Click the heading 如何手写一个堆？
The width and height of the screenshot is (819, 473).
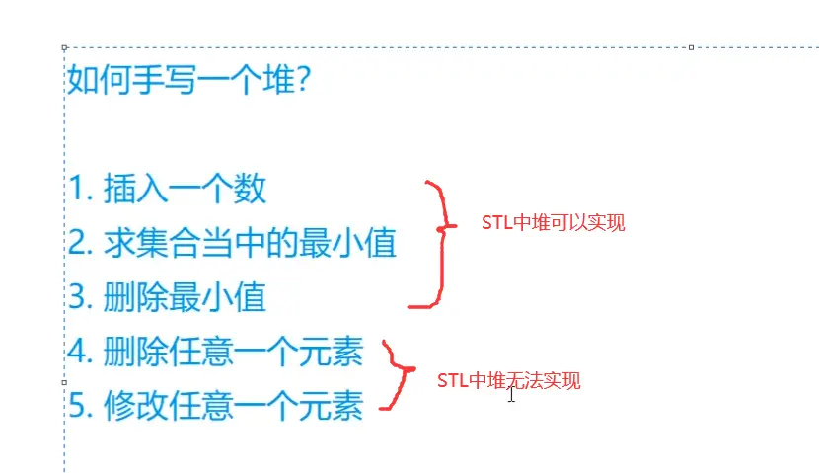189,79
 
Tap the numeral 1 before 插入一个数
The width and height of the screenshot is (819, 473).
76,189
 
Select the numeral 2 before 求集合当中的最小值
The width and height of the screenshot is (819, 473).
77,243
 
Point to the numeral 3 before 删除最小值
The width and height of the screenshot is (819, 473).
77,297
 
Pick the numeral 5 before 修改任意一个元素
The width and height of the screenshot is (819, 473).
77,406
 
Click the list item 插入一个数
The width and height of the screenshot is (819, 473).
185,189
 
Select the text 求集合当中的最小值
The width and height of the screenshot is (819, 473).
249,243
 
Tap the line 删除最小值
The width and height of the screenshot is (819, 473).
185,297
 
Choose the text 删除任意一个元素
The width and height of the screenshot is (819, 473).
233,352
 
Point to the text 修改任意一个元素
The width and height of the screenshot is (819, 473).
233,406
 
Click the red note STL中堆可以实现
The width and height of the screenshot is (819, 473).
553,223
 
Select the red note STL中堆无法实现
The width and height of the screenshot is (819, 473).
509,380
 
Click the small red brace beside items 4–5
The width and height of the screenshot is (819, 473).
398,375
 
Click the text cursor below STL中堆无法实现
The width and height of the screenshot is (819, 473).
511,395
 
